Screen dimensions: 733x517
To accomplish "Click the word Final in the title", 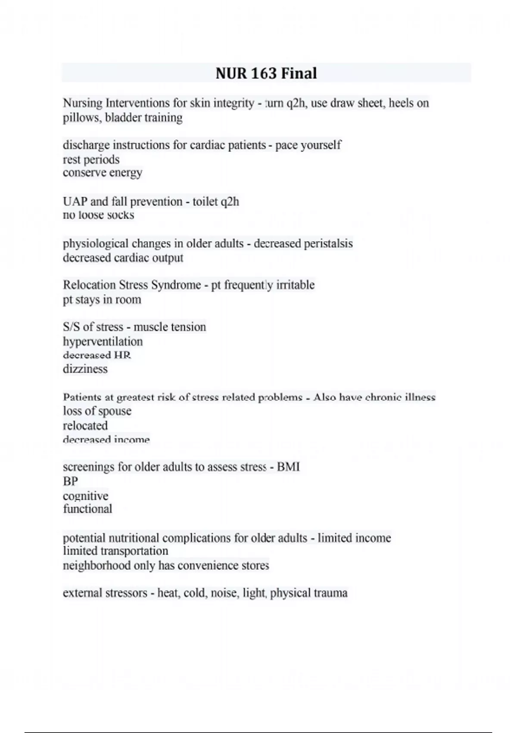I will tap(299, 73).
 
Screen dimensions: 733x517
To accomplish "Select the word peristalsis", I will tap(328, 244).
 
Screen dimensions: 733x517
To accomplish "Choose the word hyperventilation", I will tap(103, 341).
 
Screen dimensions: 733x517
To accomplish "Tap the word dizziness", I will tap(85, 369).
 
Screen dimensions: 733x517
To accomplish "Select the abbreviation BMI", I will tap(288, 467).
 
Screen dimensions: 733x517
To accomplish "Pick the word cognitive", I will tap(85, 496).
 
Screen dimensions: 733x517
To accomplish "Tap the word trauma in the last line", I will tap(330, 593).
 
